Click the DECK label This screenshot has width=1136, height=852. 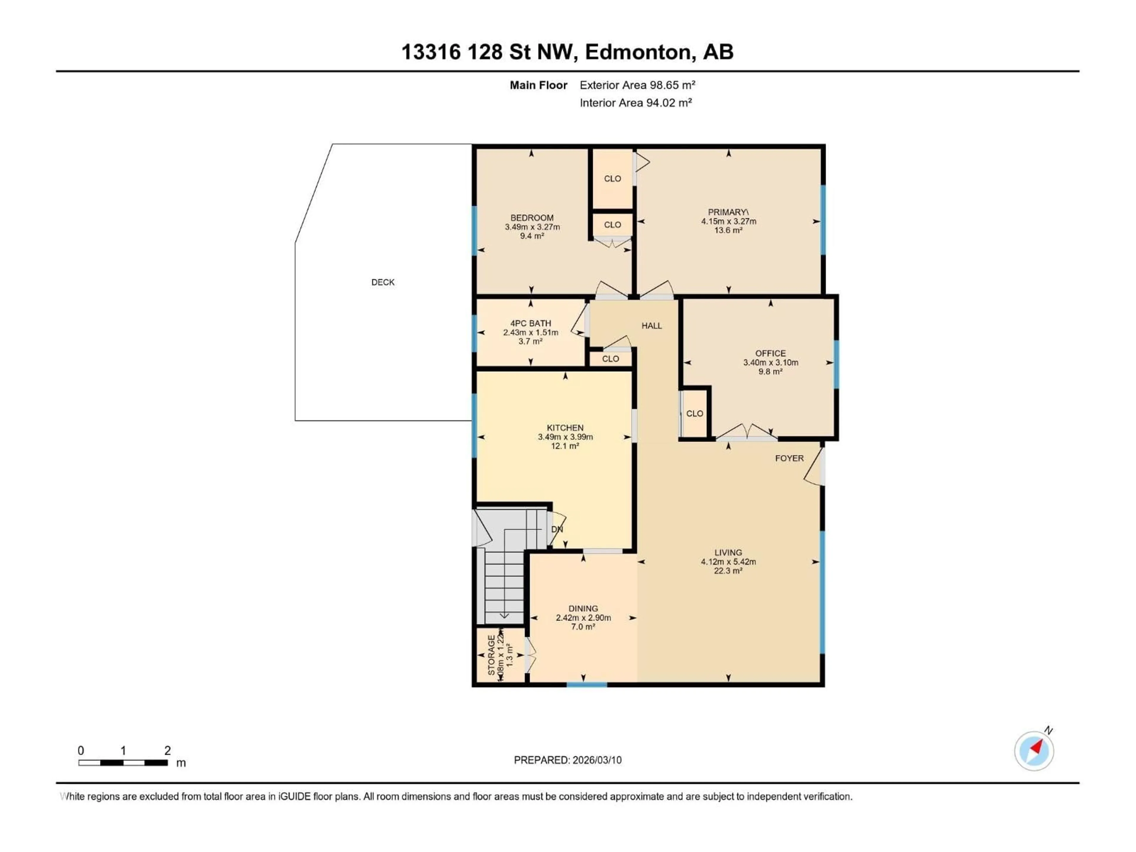click(x=383, y=282)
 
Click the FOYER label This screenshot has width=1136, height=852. click(x=789, y=458)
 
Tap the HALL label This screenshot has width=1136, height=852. click(x=651, y=326)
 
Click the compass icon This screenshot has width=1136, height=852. click(x=1034, y=751)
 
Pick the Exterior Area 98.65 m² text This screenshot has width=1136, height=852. click(x=637, y=85)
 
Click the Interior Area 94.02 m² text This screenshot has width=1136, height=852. click(x=635, y=103)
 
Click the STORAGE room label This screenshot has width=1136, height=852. click(x=491, y=655)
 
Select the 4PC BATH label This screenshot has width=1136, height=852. click(x=530, y=323)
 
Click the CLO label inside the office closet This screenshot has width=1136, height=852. click(x=694, y=413)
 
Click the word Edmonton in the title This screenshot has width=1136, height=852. click(x=637, y=52)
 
